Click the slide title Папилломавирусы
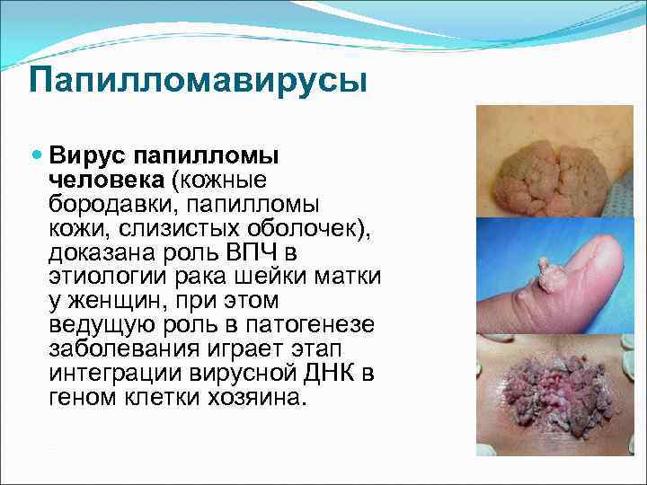(198, 80)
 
